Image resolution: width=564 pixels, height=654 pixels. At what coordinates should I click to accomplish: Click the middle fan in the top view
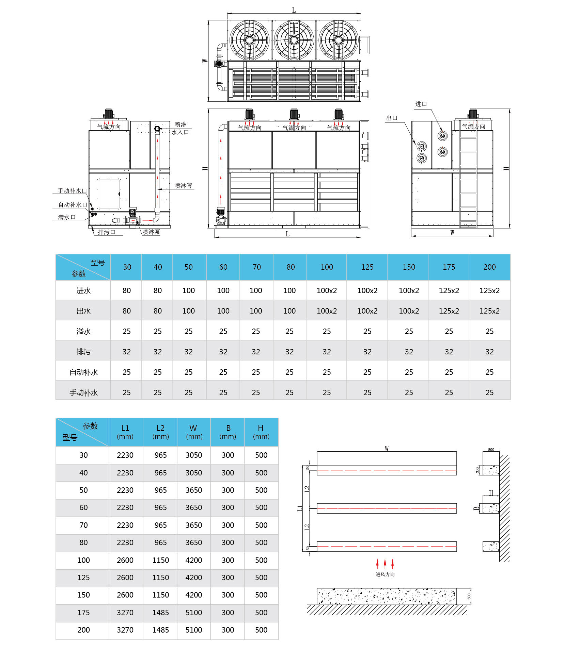click(x=294, y=40)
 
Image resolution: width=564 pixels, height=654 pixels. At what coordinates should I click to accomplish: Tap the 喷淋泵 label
click(x=151, y=232)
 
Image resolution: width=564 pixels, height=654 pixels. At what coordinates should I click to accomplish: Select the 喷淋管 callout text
click(x=183, y=185)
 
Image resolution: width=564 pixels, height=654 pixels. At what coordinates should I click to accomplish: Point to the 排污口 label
click(x=106, y=232)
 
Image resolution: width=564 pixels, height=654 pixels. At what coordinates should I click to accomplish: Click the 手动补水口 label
click(x=72, y=191)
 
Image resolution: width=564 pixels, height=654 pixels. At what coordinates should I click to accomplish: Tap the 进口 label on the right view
click(x=421, y=104)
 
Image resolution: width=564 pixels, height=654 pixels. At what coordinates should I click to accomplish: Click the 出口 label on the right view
click(x=392, y=118)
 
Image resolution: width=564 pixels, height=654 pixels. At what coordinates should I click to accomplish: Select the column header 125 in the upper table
click(x=367, y=267)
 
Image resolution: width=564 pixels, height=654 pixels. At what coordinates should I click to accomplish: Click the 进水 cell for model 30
click(x=127, y=291)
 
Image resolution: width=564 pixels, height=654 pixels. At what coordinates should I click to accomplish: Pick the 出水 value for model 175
click(x=449, y=311)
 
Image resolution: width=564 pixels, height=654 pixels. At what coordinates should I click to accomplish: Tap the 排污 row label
click(x=83, y=352)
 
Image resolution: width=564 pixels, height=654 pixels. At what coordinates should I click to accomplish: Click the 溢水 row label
click(x=83, y=332)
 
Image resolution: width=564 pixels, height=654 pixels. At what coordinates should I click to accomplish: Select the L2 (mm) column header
click(x=160, y=432)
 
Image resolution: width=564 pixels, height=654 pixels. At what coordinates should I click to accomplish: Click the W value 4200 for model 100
click(x=194, y=560)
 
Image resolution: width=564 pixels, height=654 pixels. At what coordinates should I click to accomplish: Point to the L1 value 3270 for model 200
click(x=125, y=630)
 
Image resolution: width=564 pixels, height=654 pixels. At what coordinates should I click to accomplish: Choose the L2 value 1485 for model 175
click(x=160, y=613)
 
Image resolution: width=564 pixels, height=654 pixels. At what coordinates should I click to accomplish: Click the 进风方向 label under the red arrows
click(x=385, y=574)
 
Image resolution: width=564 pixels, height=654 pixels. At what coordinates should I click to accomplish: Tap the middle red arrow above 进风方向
click(x=385, y=563)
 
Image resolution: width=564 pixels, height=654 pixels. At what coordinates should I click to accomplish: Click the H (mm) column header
click(x=261, y=432)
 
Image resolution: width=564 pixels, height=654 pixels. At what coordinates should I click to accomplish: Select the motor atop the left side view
click(x=108, y=114)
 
